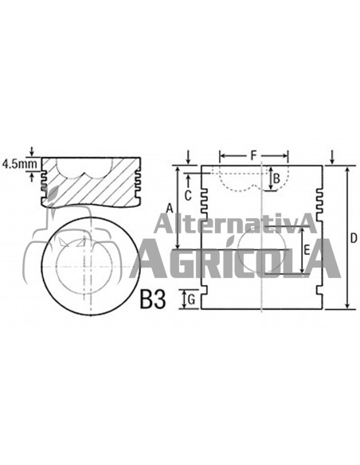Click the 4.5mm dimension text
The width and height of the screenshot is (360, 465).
click(x=19, y=163)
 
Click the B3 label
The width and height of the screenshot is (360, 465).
click(x=152, y=299)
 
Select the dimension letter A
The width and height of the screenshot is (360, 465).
click(x=169, y=208)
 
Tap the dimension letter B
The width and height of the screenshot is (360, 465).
click(x=276, y=179)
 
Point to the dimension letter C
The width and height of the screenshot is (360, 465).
click(x=188, y=194)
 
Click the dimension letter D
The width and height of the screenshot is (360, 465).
click(x=354, y=237)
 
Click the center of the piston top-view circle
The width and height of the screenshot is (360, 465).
click(x=89, y=264)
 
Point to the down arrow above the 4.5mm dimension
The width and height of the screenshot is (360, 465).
click(x=31, y=151)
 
